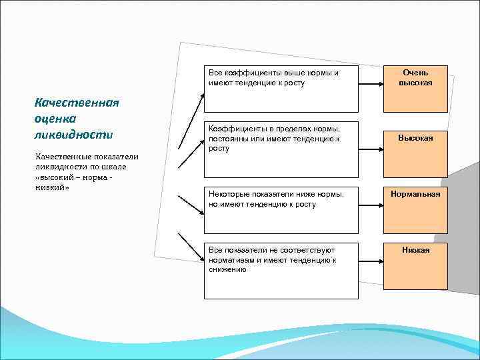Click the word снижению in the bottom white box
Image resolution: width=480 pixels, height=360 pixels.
point(227,270)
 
